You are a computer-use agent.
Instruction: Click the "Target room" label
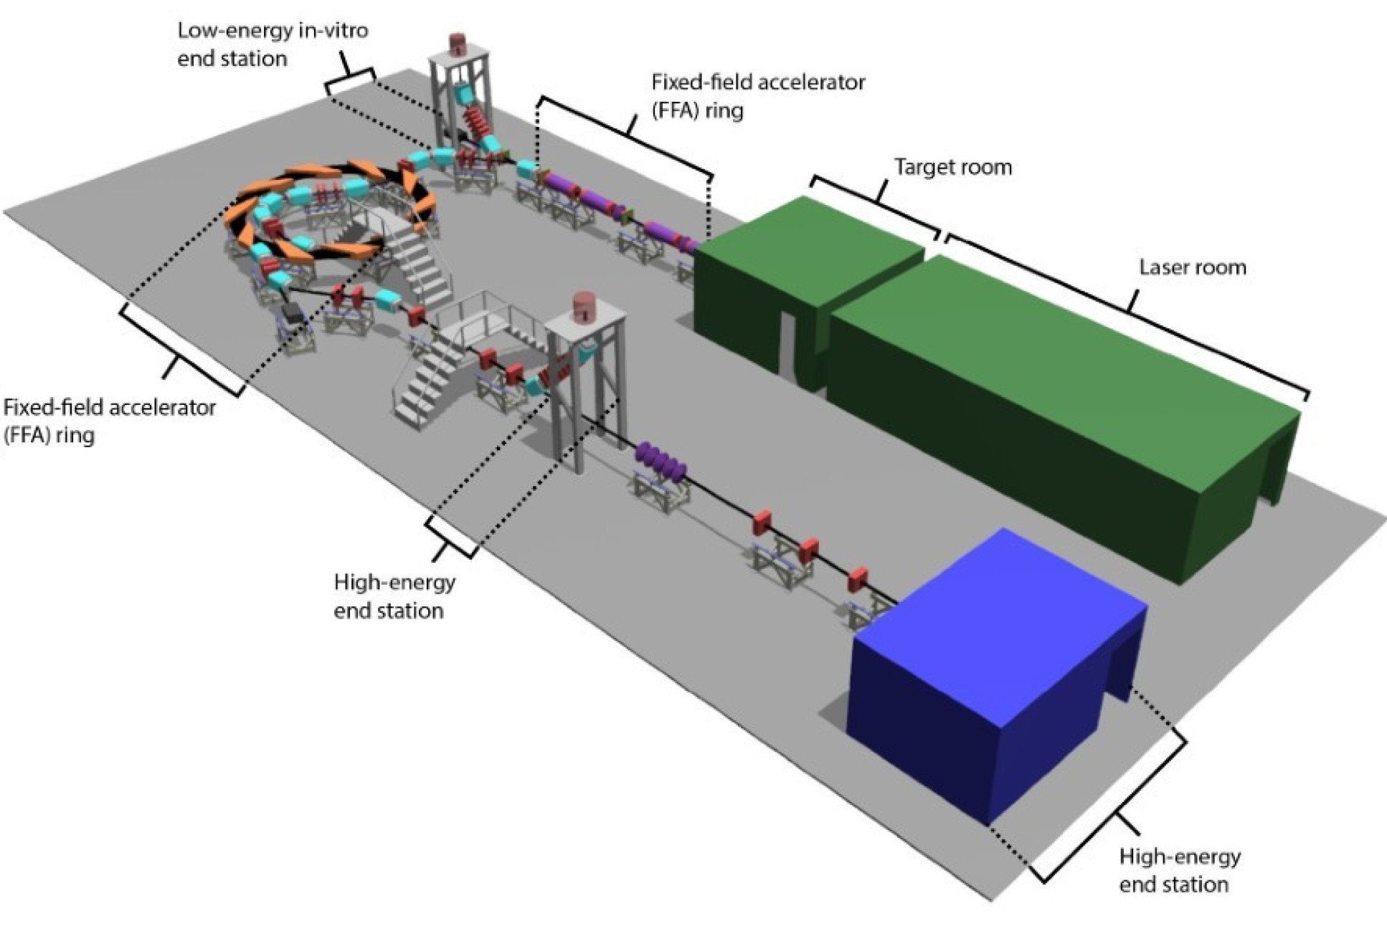952,168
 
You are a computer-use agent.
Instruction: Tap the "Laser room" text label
1192,268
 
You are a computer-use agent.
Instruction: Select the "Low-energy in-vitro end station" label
273,44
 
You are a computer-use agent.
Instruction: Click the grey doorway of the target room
788,344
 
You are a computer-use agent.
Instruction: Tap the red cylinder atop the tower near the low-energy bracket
458,42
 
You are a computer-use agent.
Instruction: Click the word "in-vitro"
334,31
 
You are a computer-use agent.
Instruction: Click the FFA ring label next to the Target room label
757,96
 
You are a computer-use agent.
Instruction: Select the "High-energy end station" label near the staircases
394,596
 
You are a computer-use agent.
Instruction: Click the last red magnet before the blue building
857,579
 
